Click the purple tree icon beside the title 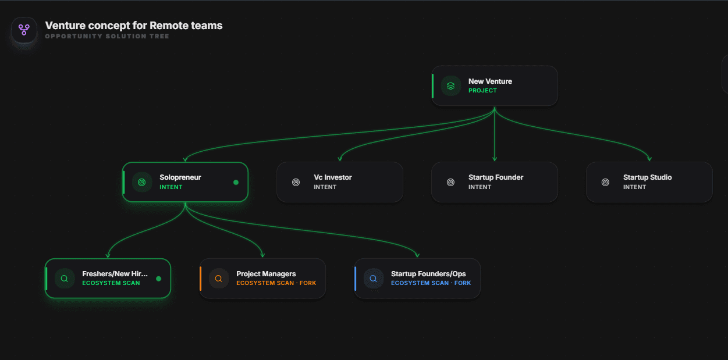pos(24,30)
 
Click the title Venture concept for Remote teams pos(134,26)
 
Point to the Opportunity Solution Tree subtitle pos(107,37)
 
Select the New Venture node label pos(490,81)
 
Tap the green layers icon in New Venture pos(450,85)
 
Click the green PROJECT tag pos(482,91)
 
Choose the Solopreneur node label pos(180,177)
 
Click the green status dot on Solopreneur pos(236,182)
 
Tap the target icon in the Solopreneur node pos(141,182)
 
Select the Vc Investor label pos(333,177)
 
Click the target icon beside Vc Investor pos(296,182)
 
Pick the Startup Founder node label pos(496,177)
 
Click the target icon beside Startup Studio pos(605,182)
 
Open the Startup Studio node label pos(647,177)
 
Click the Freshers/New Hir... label pos(115,274)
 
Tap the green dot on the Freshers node pos(159,279)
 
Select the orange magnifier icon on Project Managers pos(218,279)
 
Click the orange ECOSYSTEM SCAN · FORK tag pos(276,283)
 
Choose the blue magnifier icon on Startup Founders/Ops pos(373,279)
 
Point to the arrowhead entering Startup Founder pos(495,159)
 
